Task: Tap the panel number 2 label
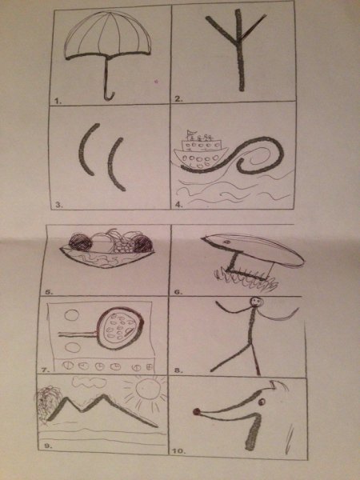178,99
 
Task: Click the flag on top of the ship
190,133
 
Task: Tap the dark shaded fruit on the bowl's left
80,242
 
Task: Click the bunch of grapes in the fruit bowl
123,245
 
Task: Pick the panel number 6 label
178,292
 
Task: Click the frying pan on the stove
120,329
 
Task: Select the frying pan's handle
78,334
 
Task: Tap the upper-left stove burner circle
72,315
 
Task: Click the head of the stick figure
255,302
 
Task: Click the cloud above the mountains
90,382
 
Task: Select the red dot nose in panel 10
196,412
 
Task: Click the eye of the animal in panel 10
262,402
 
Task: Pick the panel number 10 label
179,451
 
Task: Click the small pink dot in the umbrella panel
157,82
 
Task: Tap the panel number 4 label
178,205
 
